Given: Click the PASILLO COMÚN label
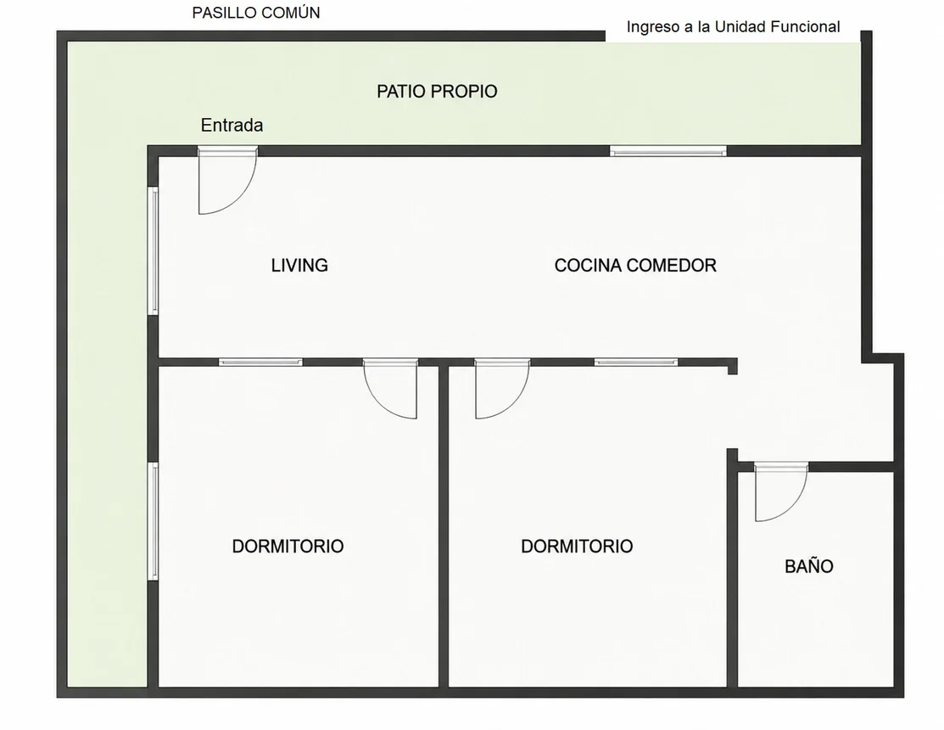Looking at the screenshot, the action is [256, 13].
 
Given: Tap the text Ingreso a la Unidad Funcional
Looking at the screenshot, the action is [733, 27].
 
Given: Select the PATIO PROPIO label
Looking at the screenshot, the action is [437, 92].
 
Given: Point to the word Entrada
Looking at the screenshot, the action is [232, 126].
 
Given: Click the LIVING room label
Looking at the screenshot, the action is [299, 265].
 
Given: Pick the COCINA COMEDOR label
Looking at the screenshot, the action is [635, 265].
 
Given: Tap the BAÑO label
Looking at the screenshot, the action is [808, 565].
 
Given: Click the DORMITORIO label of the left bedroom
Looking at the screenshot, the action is [288, 547].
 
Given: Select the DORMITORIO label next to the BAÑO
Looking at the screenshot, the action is [577, 547].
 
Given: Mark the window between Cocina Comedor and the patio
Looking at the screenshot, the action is [668, 150].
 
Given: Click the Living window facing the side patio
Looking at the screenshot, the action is [153, 250].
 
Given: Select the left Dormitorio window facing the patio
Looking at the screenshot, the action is [153, 521].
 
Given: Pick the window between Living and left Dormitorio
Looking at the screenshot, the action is [260, 362].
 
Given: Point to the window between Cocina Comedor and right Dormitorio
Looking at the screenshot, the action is [636, 362].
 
